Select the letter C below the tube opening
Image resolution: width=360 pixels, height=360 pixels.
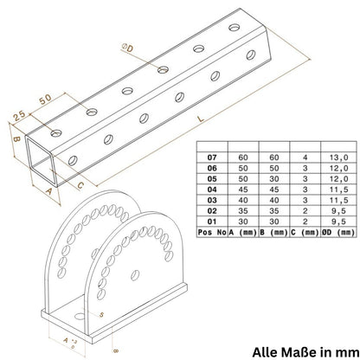point(80,184)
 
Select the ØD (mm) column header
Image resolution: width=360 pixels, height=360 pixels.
point(336,232)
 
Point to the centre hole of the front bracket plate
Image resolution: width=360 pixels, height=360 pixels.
point(136,274)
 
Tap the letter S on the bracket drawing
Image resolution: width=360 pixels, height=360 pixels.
point(102,314)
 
